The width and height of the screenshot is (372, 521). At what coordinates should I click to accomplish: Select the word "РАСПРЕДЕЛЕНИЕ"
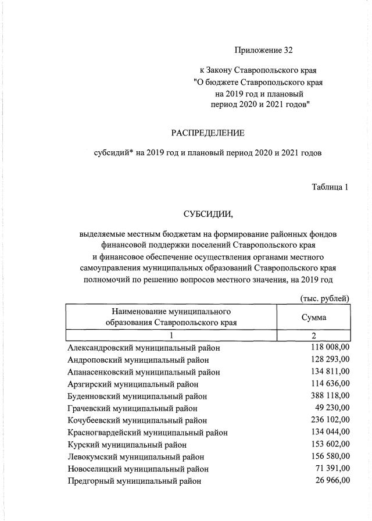208,133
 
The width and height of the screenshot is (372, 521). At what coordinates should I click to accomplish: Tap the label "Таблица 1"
330,187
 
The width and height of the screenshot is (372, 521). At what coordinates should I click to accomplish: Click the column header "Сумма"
313,317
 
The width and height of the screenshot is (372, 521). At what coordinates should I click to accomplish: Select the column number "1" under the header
171,336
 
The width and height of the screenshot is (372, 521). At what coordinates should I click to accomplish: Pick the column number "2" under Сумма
313,336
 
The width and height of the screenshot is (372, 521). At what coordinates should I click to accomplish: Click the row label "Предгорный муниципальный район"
134,481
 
